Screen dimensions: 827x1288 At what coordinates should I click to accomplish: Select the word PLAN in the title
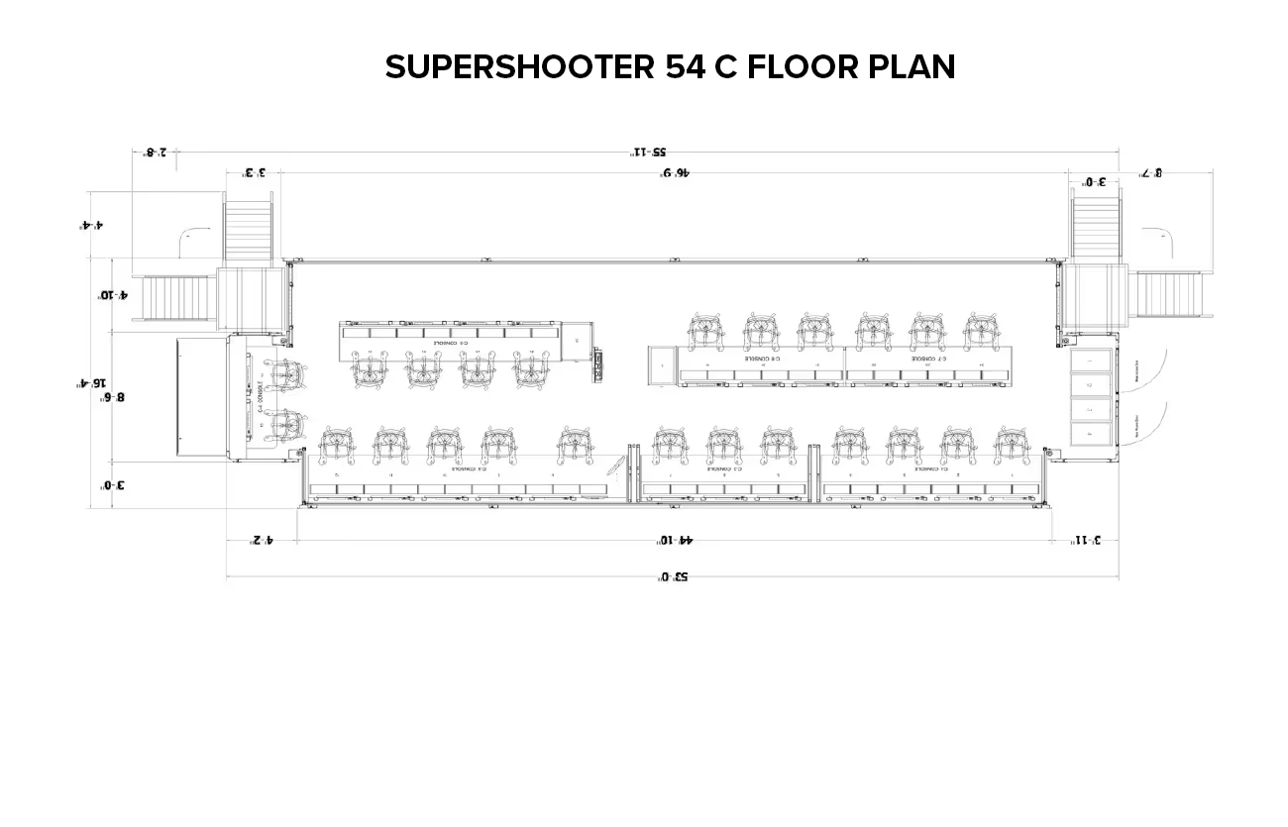coord(912,67)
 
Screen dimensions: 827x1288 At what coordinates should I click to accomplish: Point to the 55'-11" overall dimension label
coord(649,152)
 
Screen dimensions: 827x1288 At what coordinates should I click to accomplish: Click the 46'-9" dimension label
coord(674,172)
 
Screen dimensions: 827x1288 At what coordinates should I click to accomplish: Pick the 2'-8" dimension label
coord(157,152)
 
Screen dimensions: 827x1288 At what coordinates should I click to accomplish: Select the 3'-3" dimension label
coord(255,172)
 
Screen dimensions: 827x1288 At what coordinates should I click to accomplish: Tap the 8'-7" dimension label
coord(1149,172)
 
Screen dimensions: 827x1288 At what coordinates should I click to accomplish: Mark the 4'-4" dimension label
coord(92,225)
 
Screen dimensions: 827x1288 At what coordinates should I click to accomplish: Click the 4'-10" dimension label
coord(112,295)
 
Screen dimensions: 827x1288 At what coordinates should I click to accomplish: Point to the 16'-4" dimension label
coord(92,383)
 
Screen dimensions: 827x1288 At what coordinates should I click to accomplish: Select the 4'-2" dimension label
coord(261,540)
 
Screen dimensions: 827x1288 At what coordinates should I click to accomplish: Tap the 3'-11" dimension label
coord(1088,540)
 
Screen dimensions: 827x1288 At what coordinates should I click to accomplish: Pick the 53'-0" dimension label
coord(673,576)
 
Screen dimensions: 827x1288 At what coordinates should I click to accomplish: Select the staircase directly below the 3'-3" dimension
coord(249,231)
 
